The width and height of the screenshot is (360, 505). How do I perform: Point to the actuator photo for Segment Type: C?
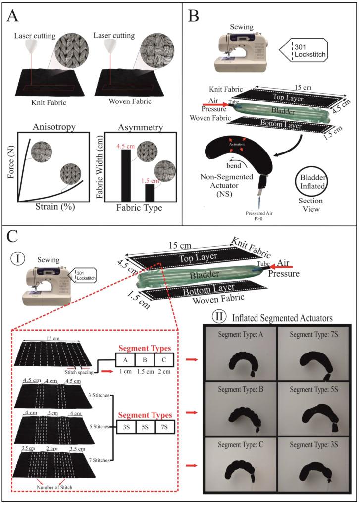point(240,470)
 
